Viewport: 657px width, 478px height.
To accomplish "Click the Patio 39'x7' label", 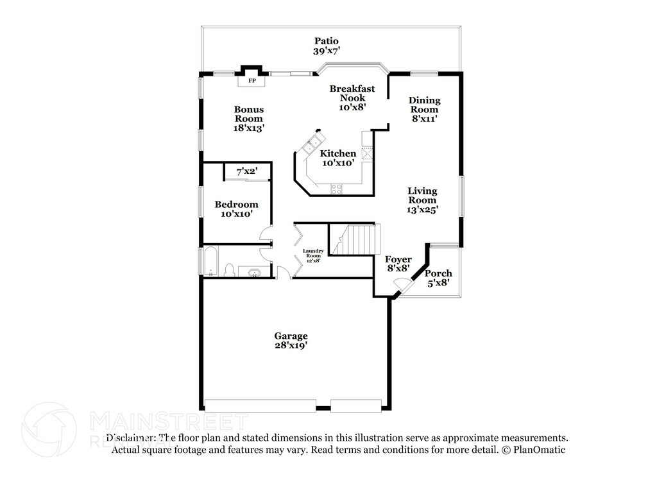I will [x=325, y=46].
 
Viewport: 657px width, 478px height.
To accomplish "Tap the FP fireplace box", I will [x=252, y=81].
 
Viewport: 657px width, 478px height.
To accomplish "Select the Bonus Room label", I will [x=249, y=118].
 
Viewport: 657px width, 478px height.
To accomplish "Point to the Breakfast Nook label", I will [x=352, y=98].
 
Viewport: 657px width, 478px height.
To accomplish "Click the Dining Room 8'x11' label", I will [x=425, y=109].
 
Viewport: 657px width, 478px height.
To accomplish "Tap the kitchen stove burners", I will [x=336, y=188].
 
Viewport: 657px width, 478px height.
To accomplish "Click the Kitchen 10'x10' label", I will [x=338, y=158].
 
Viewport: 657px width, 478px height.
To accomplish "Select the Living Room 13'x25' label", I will [x=422, y=200].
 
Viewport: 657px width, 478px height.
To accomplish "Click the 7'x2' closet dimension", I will [x=247, y=172].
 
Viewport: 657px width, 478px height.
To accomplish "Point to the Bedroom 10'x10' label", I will [x=236, y=209].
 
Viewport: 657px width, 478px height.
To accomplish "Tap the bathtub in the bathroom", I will [x=211, y=262].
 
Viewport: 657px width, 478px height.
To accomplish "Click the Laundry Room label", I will [x=314, y=255].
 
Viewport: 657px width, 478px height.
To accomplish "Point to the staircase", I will [x=357, y=239].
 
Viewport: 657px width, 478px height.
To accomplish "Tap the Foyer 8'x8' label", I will [x=398, y=264].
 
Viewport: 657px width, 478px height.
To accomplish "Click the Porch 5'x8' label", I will [x=438, y=278].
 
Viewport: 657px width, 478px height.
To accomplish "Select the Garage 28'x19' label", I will [x=291, y=341].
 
